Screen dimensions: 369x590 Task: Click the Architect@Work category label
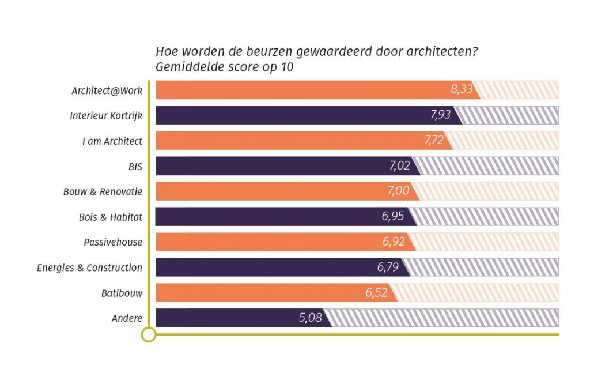[107, 91]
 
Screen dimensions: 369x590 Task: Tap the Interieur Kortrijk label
[106, 115]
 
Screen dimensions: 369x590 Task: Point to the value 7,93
[441, 115]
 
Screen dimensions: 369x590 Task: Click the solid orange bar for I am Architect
[288, 140]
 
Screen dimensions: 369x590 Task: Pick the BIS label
[135, 167]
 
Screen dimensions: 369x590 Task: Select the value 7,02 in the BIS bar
[400, 165]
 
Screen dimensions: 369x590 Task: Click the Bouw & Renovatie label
[103, 191]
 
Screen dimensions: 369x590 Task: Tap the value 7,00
[398, 191]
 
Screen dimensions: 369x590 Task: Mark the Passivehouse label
[113, 242]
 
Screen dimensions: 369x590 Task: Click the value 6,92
[394, 242]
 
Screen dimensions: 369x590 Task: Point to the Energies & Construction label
[89, 268]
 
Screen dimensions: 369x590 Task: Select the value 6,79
[388, 267]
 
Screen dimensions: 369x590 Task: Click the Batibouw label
[122, 293]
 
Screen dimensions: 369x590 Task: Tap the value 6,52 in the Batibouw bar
[376, 292]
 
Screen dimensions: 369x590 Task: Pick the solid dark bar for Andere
[230, 318]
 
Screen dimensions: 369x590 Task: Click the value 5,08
[311, 318]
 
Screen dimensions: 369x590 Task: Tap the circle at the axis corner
[149, 334]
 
